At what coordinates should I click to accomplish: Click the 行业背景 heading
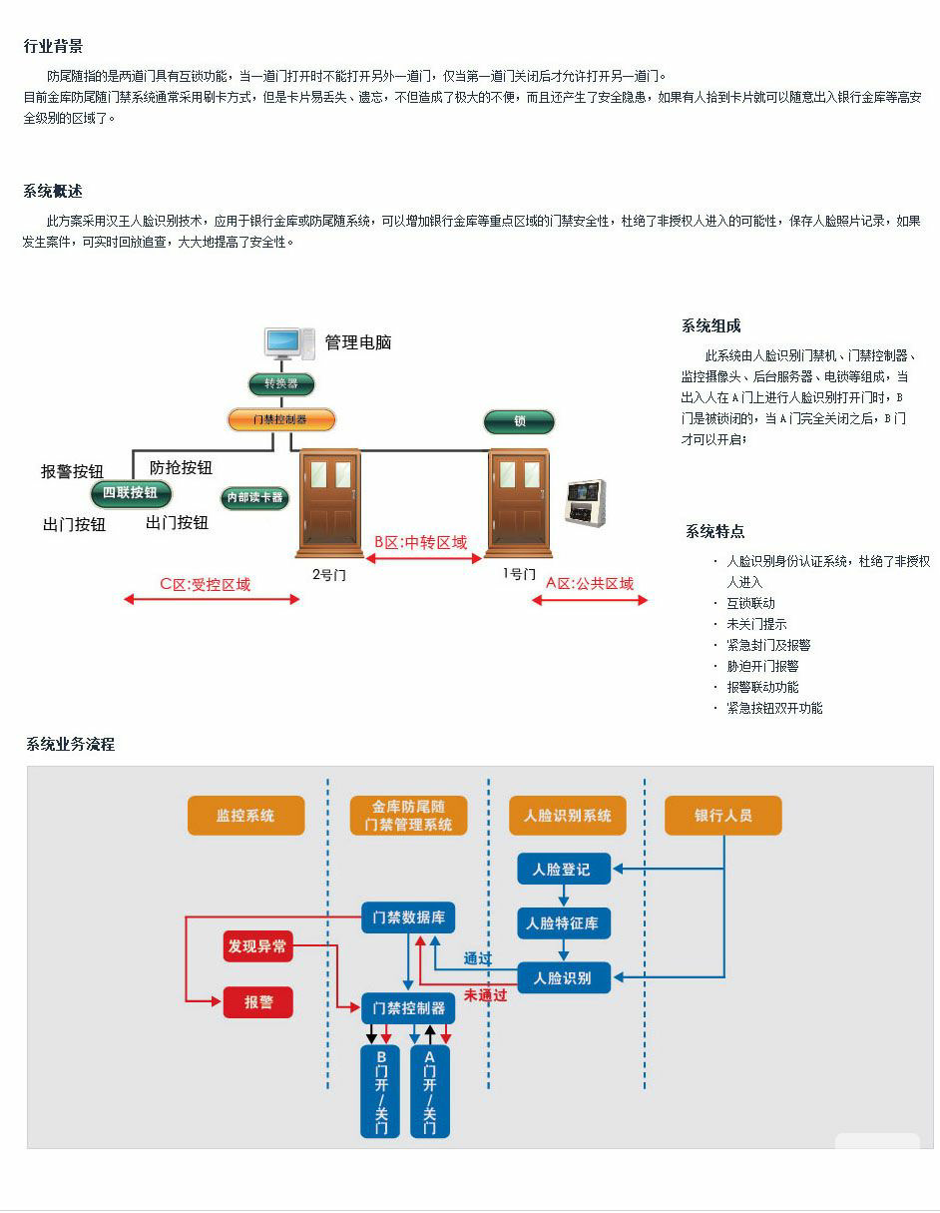coord(53,46)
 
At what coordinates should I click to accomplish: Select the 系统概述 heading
coord(53,191)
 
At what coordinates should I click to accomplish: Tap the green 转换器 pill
coord(281,384)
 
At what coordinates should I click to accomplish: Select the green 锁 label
coord(519,421)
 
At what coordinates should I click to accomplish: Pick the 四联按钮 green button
coord(131,492)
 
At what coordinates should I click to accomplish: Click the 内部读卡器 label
coord(255,497)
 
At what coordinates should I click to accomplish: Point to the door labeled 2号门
coord(329,504)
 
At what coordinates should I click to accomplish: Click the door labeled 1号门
coord(519,504)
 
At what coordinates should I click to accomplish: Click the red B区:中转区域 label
coord(420,542)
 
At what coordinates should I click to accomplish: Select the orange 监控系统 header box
coord(245,816)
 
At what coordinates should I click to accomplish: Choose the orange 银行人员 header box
coord(723,816)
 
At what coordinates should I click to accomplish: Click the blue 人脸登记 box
coord(563,870)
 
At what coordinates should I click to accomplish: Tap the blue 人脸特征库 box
coord(563,923)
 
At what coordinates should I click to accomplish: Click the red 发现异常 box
coord(257,945)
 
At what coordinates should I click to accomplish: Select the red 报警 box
coord(257,1001)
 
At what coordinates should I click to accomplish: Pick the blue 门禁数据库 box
coord(408,917)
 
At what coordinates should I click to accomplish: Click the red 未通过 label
coord(485,995)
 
